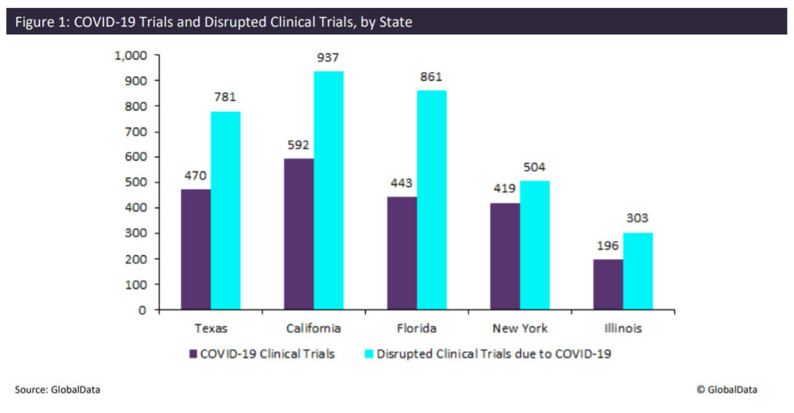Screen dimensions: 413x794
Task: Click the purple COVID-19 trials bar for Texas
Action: click(196, 249)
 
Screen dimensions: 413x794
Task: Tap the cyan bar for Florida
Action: click(431, 199)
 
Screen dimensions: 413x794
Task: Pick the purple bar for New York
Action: click(505, 256)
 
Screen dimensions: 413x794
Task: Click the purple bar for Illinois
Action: click(608, 284)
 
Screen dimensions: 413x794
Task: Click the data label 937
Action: click(328, 59)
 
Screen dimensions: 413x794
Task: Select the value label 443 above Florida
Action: click(402, 183)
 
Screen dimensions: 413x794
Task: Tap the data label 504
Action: click(535, 167)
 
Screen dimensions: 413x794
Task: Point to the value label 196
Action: click(608, 246)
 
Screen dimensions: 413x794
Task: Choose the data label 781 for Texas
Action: click(225, 98)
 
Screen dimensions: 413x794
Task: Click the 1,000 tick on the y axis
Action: click(131, 56)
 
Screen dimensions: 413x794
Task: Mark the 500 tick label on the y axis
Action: click(137, 182)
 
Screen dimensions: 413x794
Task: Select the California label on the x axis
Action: click(313, 329)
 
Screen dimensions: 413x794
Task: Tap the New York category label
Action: click(520, 329)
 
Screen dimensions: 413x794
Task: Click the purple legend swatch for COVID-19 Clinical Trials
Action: click(193, 354)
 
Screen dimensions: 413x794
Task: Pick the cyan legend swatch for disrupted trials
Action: click(369, 354)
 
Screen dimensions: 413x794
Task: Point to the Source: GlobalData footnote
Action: click(57, 389)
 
